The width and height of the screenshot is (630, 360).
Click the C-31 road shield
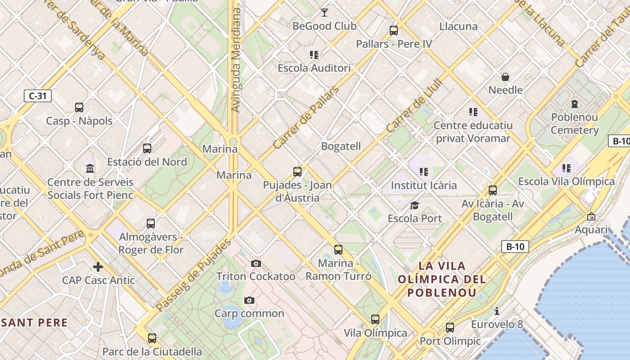38,96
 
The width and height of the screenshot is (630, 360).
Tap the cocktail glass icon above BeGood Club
324,13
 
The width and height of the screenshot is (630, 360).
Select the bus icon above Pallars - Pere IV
394,31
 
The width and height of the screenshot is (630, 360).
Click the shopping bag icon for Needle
505,77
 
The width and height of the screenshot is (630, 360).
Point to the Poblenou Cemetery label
574,124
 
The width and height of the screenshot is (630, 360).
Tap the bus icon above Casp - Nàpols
79,108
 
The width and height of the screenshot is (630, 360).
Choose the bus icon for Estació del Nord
147,148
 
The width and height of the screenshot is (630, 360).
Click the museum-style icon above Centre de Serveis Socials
90,169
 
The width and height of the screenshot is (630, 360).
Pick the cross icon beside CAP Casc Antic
98,267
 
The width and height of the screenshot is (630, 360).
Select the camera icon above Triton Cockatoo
256,263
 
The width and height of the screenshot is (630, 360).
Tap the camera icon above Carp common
249,300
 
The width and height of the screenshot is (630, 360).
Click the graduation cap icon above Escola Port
414,206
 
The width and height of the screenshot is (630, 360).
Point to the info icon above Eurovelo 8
497,311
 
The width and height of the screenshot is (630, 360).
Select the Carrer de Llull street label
415,106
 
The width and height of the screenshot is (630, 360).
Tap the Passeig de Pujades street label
194,275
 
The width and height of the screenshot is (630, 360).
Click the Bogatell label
341,146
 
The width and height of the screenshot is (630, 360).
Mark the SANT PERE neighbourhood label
34,323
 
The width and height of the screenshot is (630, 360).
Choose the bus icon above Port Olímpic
450,328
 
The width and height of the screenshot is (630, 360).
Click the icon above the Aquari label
591,217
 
